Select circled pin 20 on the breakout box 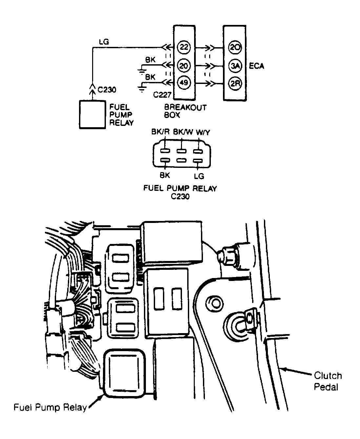click(184, 66)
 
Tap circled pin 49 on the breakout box click(184, 83)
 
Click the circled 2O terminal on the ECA click(235, 48)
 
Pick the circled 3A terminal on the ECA click(235, 66)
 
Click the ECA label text click(256, 66)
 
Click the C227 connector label click(162, 95)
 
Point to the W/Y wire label click(203, 132)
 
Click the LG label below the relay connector click(199, 176)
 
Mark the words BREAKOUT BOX click(185, 111)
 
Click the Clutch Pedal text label click(328, 381)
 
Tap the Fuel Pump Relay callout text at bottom click(50, 408)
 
